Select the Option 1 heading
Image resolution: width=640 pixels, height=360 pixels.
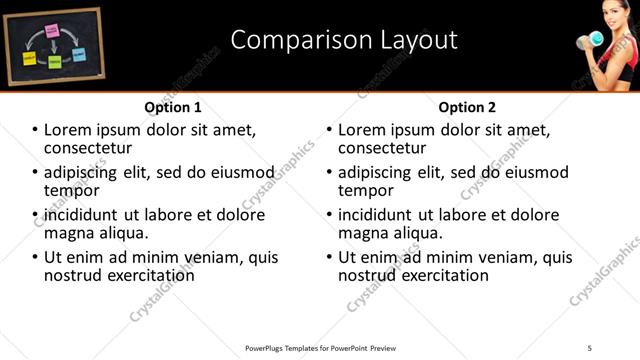tap(173, 107)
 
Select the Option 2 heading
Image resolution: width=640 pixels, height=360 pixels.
tap(466, 107)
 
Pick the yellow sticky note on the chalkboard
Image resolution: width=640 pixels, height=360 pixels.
tap(30, 59)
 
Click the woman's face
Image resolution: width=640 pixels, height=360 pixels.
tap(612, 17)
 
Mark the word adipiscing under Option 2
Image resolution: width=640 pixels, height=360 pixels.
tap(379, 172)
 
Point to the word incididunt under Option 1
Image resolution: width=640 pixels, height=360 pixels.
tap(82, 215)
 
